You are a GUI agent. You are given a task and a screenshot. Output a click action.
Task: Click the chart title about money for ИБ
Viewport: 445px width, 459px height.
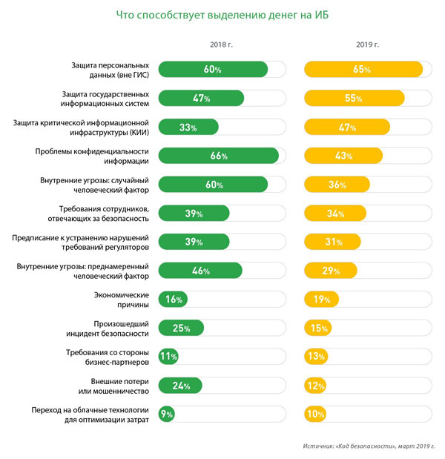tap(222, 15)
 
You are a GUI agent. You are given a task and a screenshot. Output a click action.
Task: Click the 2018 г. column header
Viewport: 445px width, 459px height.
tap(222, 45)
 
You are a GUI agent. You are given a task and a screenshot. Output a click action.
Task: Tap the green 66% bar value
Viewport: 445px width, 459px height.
tap(219, 156)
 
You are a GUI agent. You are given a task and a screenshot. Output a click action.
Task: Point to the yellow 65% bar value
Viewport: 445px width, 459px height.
tap(363, 70)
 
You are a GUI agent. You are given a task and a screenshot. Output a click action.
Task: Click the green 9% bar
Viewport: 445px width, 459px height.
tap(167, 415)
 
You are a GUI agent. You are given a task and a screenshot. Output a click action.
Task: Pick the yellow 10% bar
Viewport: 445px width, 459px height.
tap(314, 415)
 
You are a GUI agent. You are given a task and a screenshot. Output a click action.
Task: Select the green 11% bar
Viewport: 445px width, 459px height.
tap(168, 357)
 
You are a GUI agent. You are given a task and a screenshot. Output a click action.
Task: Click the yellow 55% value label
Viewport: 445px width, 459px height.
tap(353, 99)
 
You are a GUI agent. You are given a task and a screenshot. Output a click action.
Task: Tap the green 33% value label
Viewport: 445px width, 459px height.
tap(188, 128)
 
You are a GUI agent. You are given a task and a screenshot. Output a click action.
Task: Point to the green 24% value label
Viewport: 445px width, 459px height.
tap(182, 386)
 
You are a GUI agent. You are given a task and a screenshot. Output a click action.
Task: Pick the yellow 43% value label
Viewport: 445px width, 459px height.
tap(343, 156)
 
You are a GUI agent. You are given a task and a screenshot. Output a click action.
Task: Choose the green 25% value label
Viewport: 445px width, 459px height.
tap(182, 328)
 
